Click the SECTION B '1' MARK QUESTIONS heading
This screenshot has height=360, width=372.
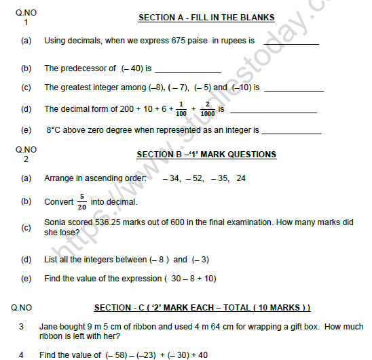(206, 155)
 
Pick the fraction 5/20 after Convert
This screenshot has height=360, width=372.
(81, 201)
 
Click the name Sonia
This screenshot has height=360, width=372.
(56, 222)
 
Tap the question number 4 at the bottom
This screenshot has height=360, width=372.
(21, 355)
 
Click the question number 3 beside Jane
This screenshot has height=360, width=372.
(21, 327)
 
